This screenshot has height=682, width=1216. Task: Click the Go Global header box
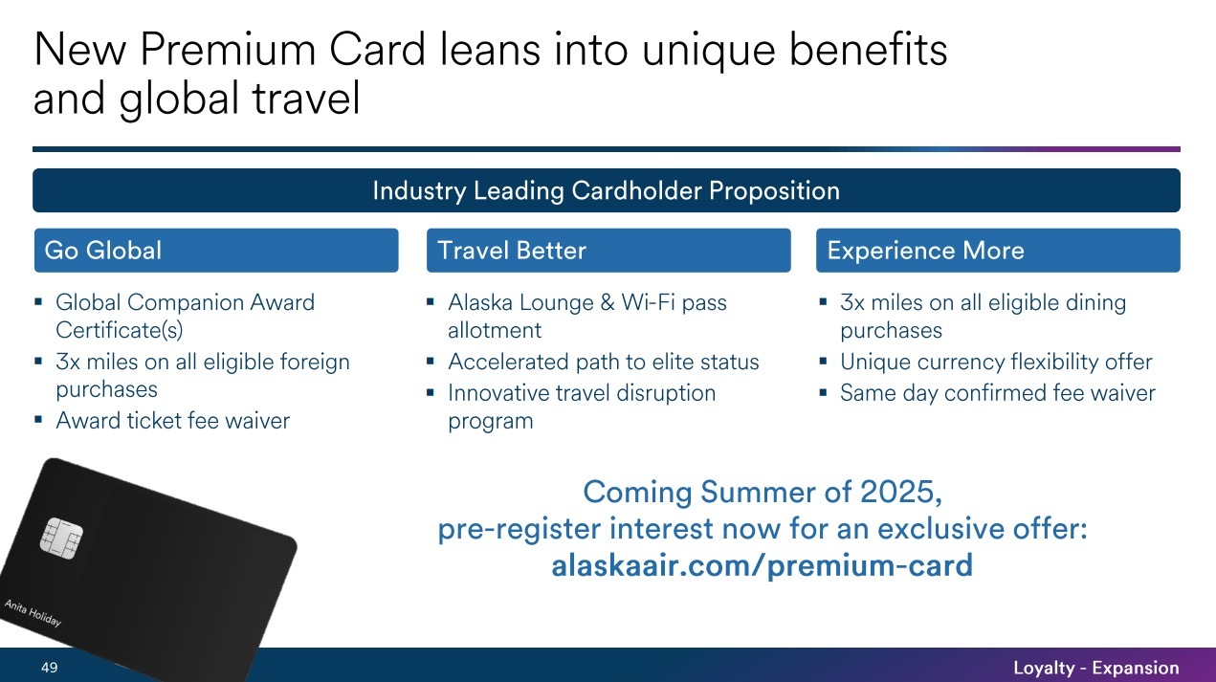[x=215, y=251]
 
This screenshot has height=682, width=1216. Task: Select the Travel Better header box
[x=608, y=251]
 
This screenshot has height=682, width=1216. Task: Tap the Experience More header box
[x=998, y=251]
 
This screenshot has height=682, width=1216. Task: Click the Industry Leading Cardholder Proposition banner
[x=606, y=190]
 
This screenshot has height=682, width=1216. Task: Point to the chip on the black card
[x=60, y=538]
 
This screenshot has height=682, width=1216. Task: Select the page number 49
[x=49, y=668]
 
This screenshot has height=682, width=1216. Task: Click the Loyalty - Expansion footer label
[x=1095, y=668]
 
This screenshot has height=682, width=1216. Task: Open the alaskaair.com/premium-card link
[x=762, y=565]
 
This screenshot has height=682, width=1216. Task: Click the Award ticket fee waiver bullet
[x=172, y=421]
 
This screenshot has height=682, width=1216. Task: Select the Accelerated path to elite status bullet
[x=603, y=363]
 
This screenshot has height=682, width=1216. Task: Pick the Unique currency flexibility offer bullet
[x=995, y=363]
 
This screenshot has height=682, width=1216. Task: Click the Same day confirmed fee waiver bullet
[x=997, y=393]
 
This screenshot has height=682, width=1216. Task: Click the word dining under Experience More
[x=1094, y=303]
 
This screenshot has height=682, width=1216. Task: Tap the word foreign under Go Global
[x=310, y=363]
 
